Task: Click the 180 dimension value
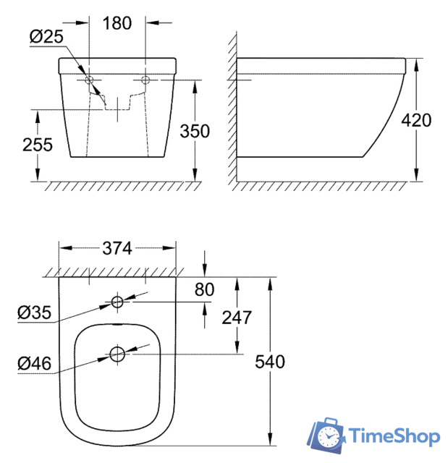tap(117, 23)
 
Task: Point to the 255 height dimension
tap(37, 145)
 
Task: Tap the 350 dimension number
tap(195, 131)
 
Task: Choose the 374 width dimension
tap(117, 248)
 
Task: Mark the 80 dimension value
tap(205, 289)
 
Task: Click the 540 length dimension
tap(271, 361)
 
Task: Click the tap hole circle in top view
tap(117, 301)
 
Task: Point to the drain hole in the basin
tap(117, 354)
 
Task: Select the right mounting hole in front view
tap(145, 80)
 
